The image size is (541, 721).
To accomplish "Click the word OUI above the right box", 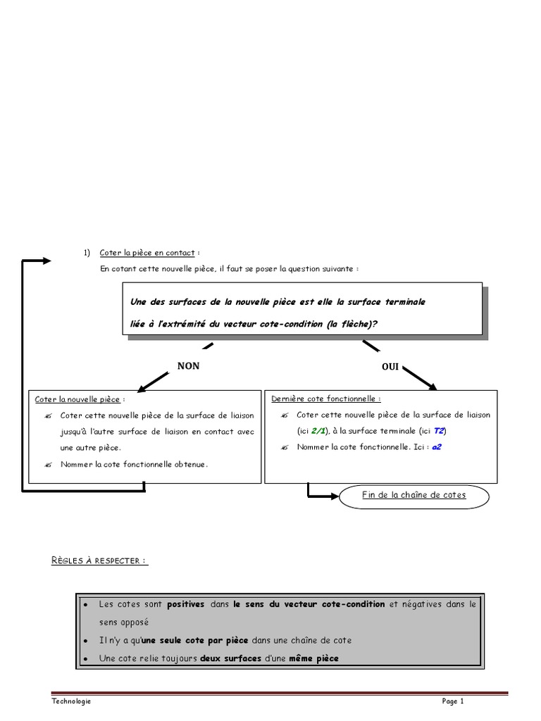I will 391,368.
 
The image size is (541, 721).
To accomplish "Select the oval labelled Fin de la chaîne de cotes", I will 413,496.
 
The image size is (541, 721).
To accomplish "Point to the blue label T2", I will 439,431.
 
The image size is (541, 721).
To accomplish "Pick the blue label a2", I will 437,447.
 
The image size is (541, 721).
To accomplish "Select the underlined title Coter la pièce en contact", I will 148,253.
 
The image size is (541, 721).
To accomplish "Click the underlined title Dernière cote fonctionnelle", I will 325,399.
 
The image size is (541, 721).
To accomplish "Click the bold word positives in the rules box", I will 186,604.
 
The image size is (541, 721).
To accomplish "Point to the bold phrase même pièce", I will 313,658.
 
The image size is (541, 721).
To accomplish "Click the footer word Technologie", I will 71,701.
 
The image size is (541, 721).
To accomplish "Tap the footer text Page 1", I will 453,701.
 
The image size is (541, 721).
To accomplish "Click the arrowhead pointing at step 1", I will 46,261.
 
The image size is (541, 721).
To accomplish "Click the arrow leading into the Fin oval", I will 323,496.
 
